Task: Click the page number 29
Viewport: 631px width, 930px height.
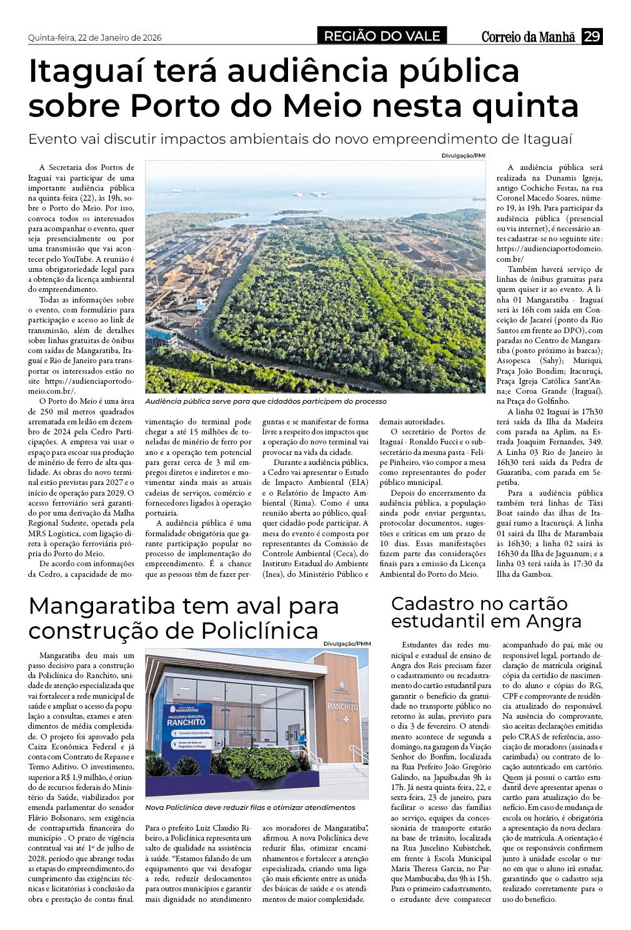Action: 592,36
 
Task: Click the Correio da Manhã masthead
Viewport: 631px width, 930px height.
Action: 528,37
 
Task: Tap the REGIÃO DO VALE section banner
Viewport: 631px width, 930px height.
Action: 382,36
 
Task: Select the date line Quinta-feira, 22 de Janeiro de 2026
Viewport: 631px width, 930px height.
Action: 95,37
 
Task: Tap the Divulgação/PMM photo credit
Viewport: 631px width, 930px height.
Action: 347,644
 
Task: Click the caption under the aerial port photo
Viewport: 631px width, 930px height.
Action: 266,401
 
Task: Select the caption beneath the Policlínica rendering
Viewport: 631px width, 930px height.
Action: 250,807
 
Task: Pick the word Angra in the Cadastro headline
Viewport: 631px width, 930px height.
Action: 554,621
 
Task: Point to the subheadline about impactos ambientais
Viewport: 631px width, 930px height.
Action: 300,138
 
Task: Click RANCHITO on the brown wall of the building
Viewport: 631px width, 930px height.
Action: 342,706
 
